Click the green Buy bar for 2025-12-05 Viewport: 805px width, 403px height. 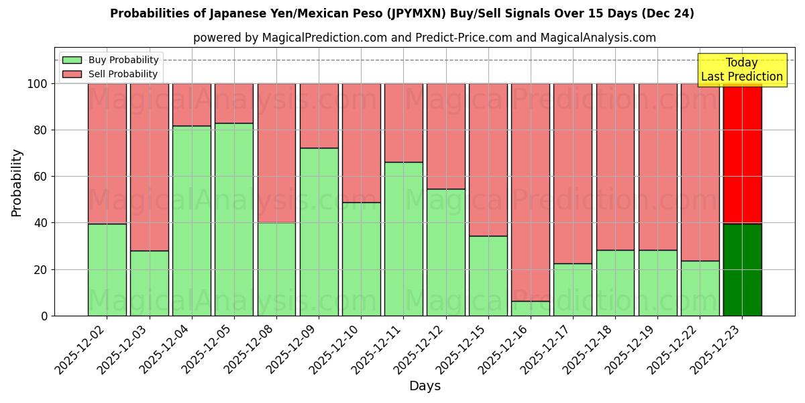coord(234,219)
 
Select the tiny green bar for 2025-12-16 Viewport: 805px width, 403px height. coord(531,308)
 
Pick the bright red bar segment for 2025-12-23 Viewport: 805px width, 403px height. coord(742,154)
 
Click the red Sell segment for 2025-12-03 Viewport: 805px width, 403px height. coord(150,167)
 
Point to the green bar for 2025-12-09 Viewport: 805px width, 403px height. coord(319,232)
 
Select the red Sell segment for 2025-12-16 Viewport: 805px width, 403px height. coord(531,192)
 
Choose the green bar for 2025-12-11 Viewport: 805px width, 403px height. coord(403,238)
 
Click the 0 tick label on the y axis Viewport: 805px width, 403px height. coord(44,316)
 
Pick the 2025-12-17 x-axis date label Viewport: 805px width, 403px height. coord(548,357)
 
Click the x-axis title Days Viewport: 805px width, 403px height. coord(425,386)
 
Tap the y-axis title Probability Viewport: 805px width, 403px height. coord(17,183)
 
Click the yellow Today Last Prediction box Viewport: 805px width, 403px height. coord(741,70)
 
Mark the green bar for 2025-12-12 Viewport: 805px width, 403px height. coord(446,252)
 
